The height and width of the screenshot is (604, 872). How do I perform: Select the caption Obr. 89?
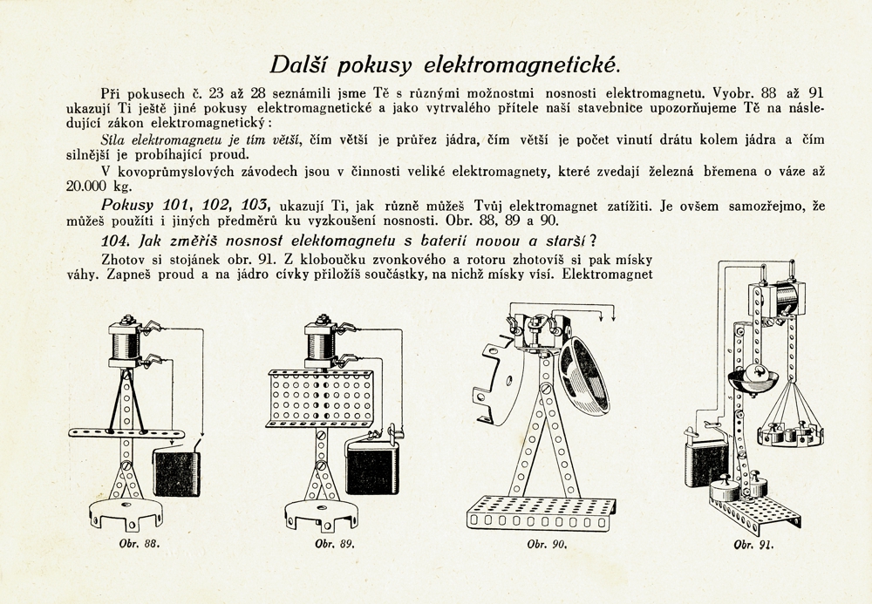pos(334,544)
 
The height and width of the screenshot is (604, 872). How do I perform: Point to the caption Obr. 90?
pos(548,544)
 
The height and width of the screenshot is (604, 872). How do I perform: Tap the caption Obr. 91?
pos(754,544)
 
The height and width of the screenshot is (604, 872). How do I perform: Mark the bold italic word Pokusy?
pos(130,205)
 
